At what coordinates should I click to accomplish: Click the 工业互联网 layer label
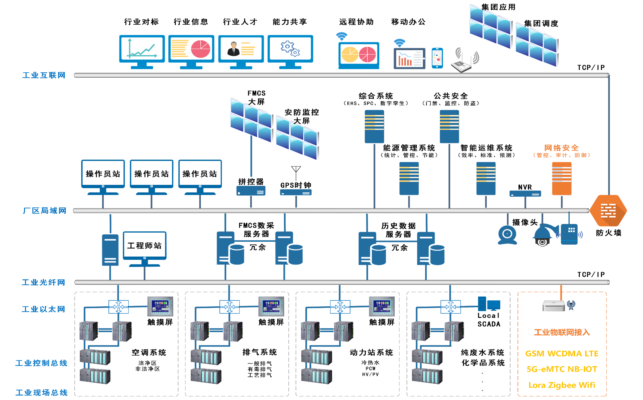(44, 75)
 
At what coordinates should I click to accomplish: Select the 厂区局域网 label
(44, 211)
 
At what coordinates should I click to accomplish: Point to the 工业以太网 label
(43, 309)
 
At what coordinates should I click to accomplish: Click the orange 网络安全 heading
(562, 148)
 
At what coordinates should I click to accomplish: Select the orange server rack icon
(562, 179)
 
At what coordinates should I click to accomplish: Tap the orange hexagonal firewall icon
(608, 211)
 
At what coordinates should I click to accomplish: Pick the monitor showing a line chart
(142, 49)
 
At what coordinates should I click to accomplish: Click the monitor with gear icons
(290, 49)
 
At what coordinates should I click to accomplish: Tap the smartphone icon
(437, 58)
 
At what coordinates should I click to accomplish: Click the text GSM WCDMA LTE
(562, 353)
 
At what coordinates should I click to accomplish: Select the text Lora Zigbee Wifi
(562, 385)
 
